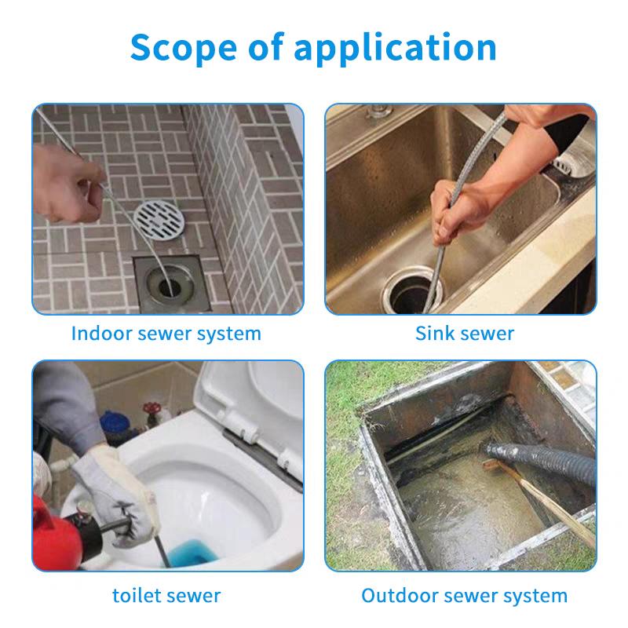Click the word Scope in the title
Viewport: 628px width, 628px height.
[x=184, y=47]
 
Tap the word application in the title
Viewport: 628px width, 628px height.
[x=396, y=49]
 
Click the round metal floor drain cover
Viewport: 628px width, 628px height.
[x=159, y=221]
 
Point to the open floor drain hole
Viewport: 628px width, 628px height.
[x=170, y=286]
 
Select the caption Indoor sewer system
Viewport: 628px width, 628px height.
[x=166, y=334]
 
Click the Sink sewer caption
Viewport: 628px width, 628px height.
[x=465, y=333]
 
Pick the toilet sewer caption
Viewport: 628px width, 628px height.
[x=166, y=596]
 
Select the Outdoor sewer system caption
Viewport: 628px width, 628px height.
[x=465, y=596]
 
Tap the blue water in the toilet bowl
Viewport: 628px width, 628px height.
[x=192, y=553]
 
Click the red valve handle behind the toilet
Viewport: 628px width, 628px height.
[x=152, y=409]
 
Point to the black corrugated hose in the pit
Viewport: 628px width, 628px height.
[x=541, y=461]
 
